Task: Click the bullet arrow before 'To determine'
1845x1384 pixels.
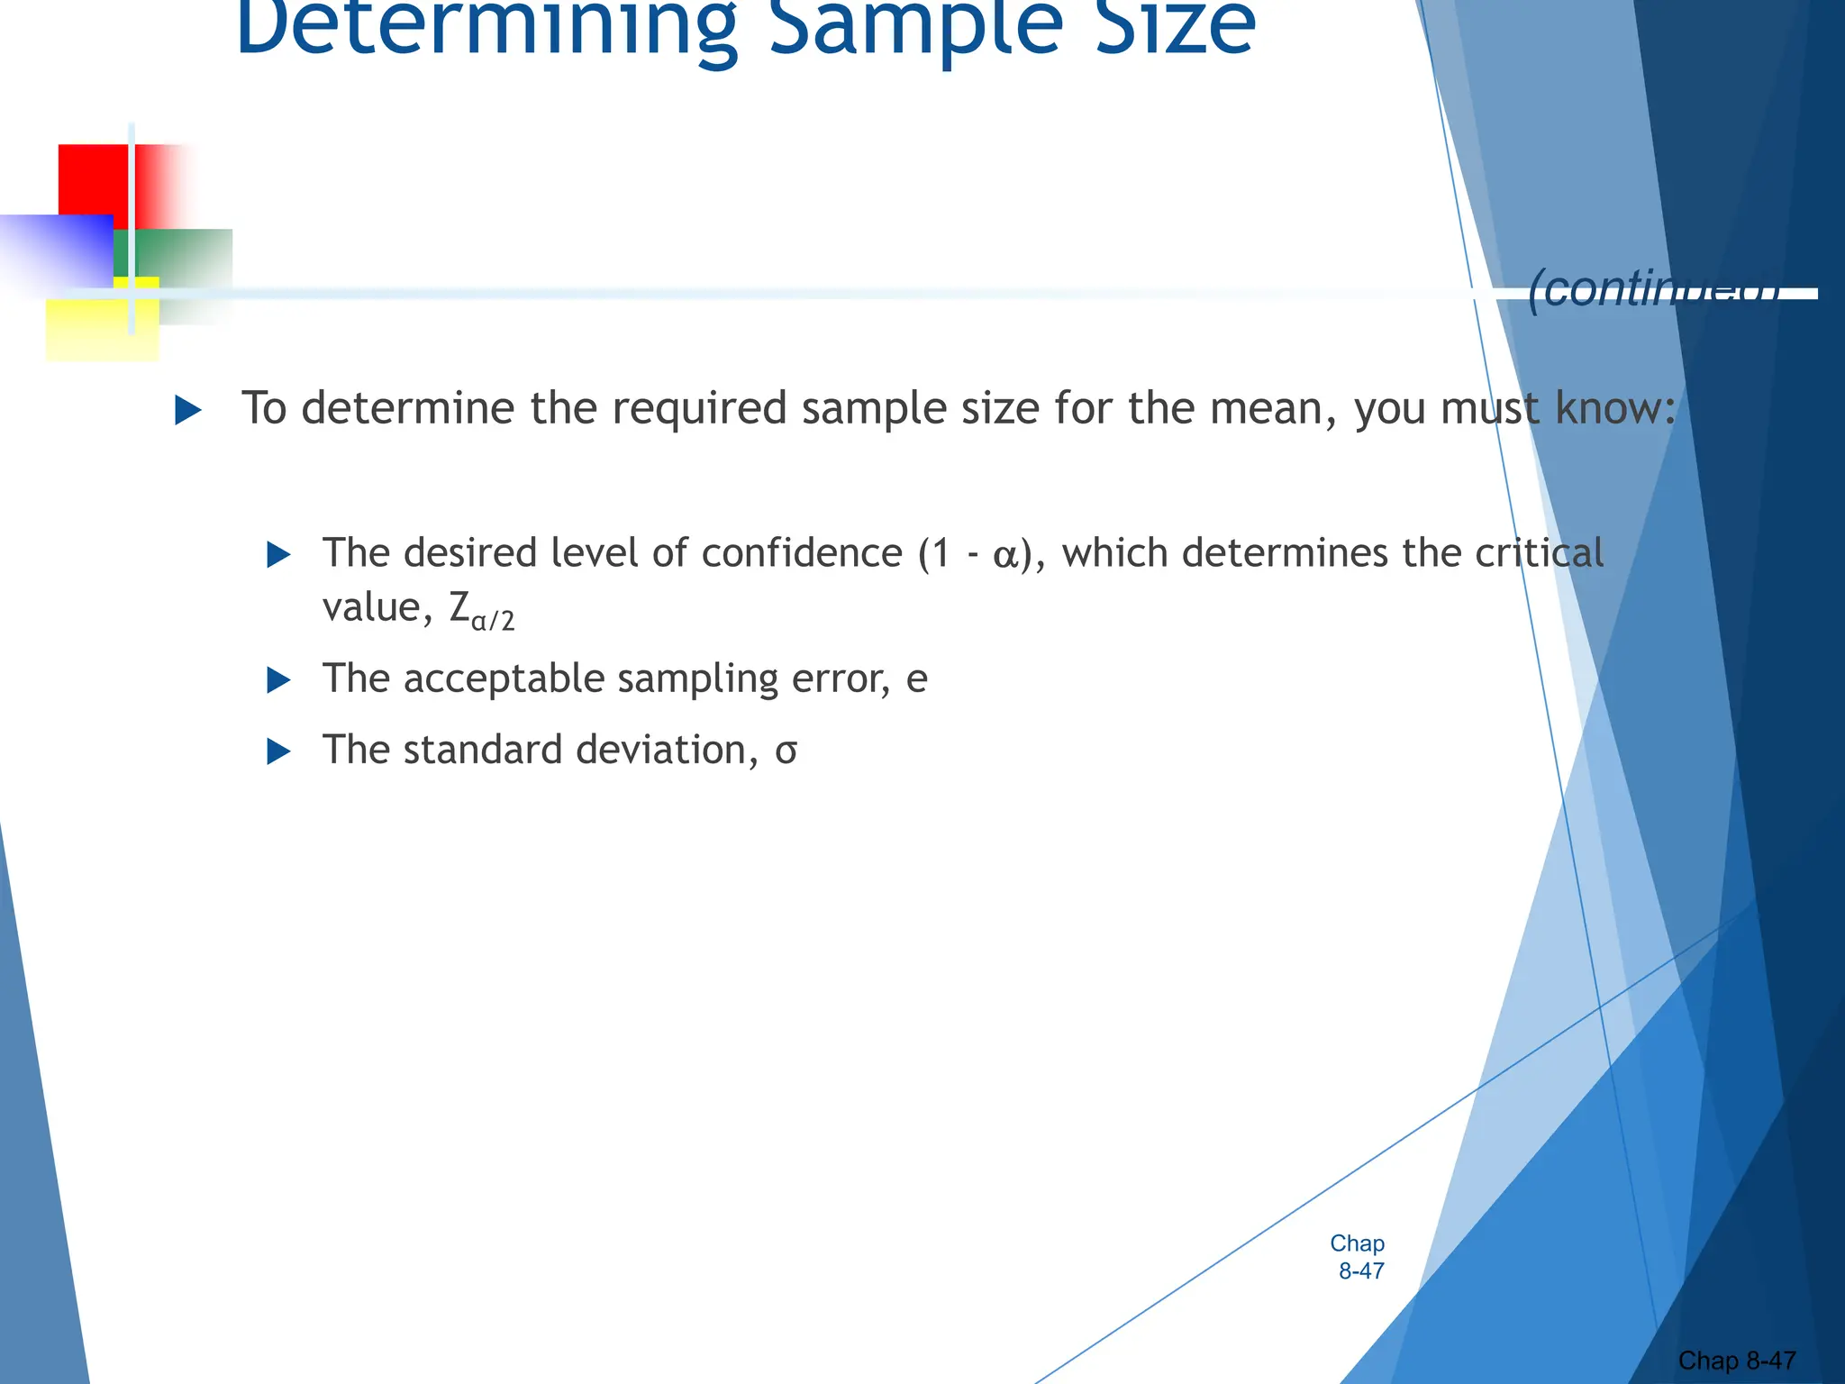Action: pyautogui.click(x=187, y=411)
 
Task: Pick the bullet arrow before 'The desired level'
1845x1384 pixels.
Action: pyautogui.click(x=279, y=554)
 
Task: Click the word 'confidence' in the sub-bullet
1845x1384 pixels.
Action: pyautogui.click(x=802, y=552)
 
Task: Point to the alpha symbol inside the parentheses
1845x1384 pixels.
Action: pyautogui.click(x=1005, y=555)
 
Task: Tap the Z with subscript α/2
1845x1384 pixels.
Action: pyautogui.click(x=481, y=611)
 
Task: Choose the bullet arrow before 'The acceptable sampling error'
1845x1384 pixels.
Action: pyautogui.click(x=279, y=680)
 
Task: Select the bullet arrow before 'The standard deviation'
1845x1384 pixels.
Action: pyautogui.click(x=279, y=751)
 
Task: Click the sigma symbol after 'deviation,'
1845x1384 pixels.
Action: pyautogui.click(x=786, y=751)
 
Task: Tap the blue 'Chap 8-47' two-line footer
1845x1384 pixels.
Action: pyautogui.click(x=1359, y=1257)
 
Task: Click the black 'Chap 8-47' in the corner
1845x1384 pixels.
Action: pyautogui.click(x=1737, y=1360)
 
